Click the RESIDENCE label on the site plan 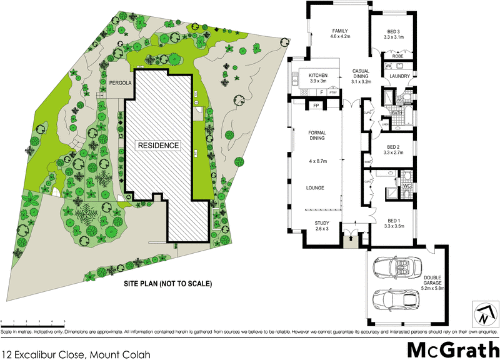[x=159, y=145]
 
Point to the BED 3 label [x=393, y=33]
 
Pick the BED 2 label [x=394, y=149]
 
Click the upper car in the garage [x=399, y=268]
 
